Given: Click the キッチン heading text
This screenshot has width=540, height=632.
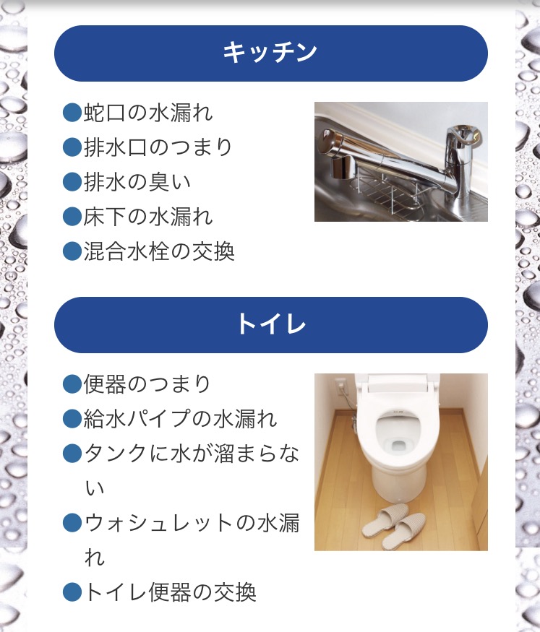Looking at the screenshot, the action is tap(270, 53).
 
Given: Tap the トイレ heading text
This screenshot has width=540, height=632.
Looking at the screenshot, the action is tap(271, 324).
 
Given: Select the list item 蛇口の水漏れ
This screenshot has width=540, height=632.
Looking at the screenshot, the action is tap(148, 113).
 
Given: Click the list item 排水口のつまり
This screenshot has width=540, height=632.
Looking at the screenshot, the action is tap(158, 147).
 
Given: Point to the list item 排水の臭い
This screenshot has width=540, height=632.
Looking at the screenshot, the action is tap(137, 182).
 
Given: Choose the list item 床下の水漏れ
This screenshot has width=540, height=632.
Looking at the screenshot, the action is tap(148, 217).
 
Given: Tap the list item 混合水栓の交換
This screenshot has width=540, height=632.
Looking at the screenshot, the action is tap(159, 251).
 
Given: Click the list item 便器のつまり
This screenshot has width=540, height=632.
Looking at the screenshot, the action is tap(147, 384).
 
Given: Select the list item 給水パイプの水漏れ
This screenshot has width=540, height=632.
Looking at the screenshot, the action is tap(180, 418).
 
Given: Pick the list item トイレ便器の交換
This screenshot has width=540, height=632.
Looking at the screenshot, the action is tap(170, 592).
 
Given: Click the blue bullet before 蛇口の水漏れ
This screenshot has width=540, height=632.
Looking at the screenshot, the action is tap(72, 113).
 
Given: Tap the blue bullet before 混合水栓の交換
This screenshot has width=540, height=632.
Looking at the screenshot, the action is tap(72, 251).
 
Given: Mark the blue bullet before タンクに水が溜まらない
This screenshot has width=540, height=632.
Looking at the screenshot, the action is tap(72, 454).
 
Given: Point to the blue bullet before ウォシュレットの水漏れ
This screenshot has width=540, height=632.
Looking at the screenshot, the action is tap(72, 523).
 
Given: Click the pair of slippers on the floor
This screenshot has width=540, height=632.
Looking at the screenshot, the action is tap(394, 526).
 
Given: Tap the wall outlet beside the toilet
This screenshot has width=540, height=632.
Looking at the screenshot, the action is tap(340, 384).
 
